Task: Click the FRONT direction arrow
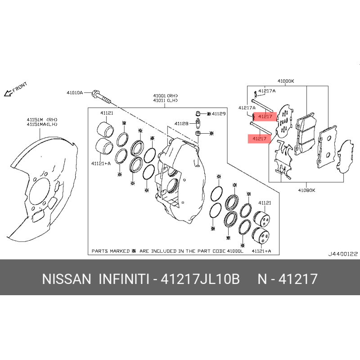tap(8, 93)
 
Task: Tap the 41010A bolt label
tap(75, 93)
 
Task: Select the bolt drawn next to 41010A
tap(101, 97)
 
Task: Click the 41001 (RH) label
tap(166, 95)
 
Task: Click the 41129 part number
tap(219, 114)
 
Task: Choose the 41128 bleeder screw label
tap(181, 123)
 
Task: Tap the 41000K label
tap(286, 81)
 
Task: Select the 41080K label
tap(306, 190)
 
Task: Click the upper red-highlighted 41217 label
tap(265, 117)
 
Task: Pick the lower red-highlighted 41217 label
tap(259, 139)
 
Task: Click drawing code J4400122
tap(343, 254)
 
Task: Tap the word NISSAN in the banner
tap(67, 279)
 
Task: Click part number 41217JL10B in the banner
tap(200, 279)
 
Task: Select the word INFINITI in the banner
tap(124, 279)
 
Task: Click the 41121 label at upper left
tap(107, 113)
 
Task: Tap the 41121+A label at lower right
tap(261, 251)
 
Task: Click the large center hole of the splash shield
tap(40, 191)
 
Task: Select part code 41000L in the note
tap(235, 251)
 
